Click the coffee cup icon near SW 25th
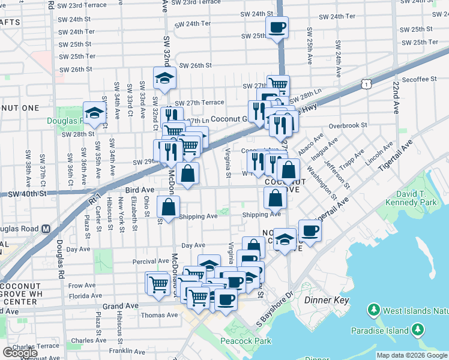click(277, 28)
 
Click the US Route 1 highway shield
click(366, 85)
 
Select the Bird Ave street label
click(139, 190)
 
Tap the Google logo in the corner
click(20, 353)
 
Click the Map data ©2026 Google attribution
click(412, 355)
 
